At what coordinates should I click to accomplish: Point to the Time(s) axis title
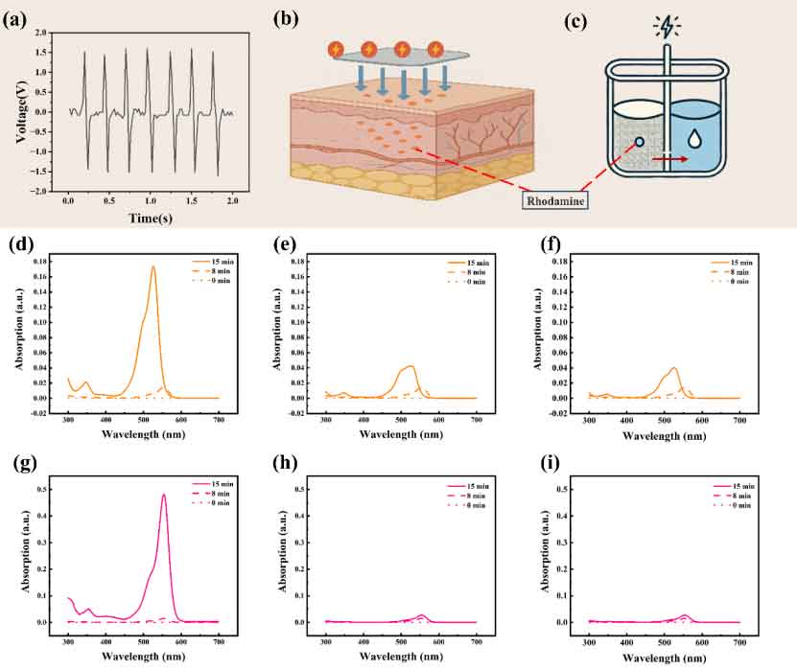click(x=150, y=218)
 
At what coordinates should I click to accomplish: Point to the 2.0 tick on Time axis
click(x=233, y=203)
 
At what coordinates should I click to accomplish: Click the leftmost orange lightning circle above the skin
click(x=335, y=47)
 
